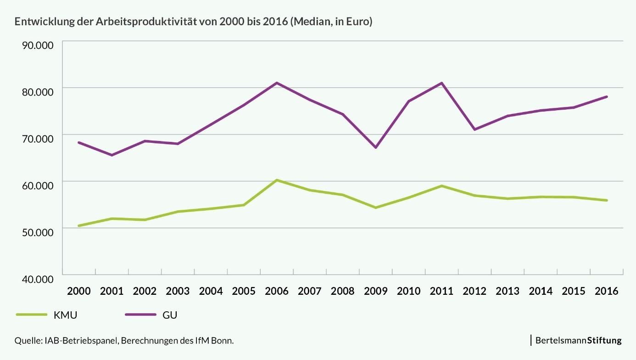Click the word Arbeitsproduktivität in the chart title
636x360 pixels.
pyautogui.click(x=146, y=22)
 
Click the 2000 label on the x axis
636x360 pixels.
pyautogui.click(x=78, y=291)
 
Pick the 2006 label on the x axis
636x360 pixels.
pyautogui.click(x=277, y=291)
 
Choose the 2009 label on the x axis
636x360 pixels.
pyautogui.click(x=375, y=291)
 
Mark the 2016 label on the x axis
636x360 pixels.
pyautogui.click(x=606, y=291)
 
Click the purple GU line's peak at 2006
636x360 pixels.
pyautogui.click(x=277, y=83)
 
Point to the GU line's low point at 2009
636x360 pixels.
pyautogui.click(x=375, y=147)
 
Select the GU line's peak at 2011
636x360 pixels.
pyautogui.click(x=441, y=83)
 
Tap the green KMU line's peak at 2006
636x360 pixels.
pyautogui.click(x=277, y=180)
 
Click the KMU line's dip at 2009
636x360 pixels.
pyautogui.click(x=375, y=208)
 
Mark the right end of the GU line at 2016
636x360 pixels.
pyautogui.click(x=607, y=96)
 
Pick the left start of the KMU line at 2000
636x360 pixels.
pyautogui.click(x=79, y=225)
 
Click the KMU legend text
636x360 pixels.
pyautogui.click(x=66, y=315)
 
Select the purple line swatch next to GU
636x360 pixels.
pyautogui.click(x=140, y=315)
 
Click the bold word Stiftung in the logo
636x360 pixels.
pyautogui.click(x=604, y=341)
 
